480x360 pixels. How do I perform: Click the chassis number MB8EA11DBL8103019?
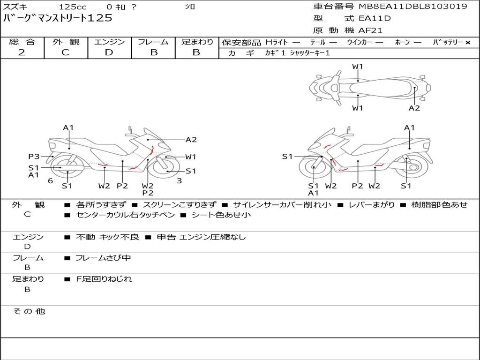tap(412, 7)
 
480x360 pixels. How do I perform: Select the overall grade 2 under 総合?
tap(22, 52)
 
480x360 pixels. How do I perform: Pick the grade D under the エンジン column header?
tap(109, 52)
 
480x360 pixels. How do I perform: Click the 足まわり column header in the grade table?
tap(197, 42)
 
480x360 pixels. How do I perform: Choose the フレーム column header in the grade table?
tap(153, 42)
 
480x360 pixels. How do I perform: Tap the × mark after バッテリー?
tap(467, 43)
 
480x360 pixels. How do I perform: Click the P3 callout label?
tap(34, 157)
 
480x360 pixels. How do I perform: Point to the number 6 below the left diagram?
tap(50, 181)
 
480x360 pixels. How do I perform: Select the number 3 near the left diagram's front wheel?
tap(179, 181)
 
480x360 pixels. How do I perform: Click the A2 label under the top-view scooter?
tap(414, 108)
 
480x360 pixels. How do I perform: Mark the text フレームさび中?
tap(103, 258)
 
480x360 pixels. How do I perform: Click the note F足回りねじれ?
tap(104, 279)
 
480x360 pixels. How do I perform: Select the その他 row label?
tap(29, 311)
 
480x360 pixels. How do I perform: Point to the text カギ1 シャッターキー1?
tap(297, 53)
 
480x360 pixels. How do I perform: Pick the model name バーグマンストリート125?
tap(58, 19)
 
